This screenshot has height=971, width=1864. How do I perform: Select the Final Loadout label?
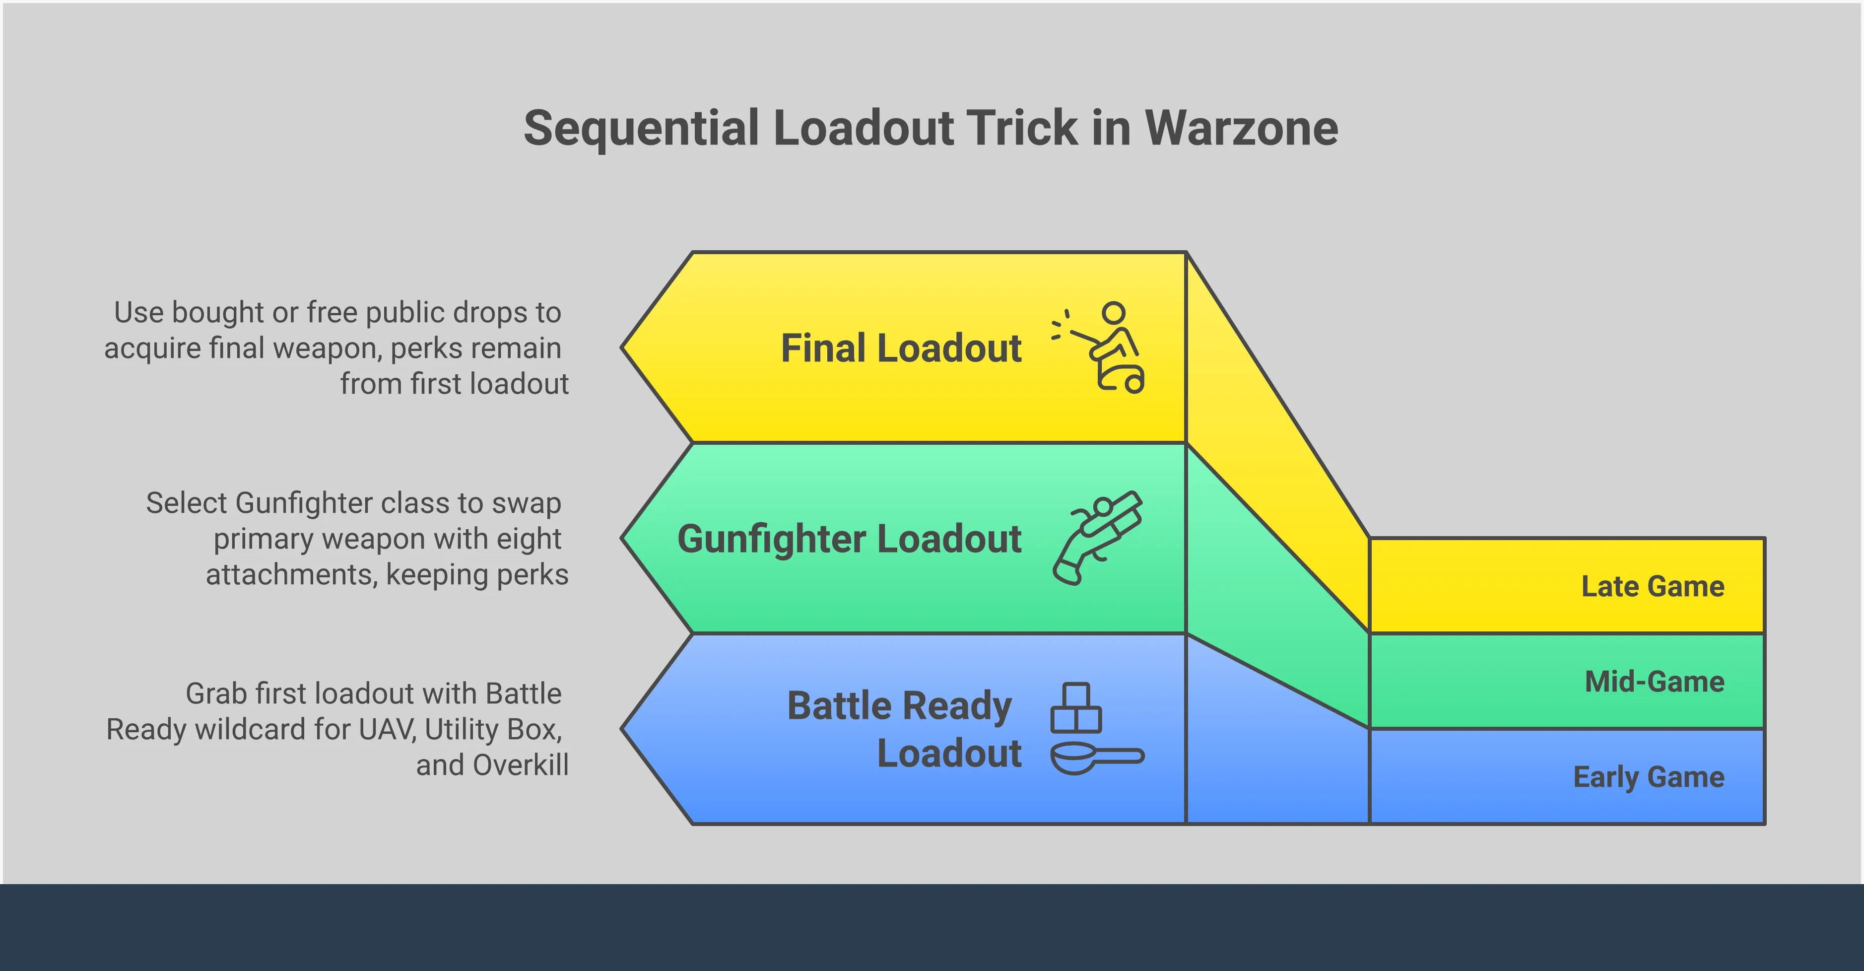pyautogui.click(x=901, y=348)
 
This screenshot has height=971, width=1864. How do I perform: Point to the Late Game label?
pyautogui.click(x=1653, y=586)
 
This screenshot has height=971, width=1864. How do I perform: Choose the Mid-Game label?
pyautogui.click(x=1654, y=682)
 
